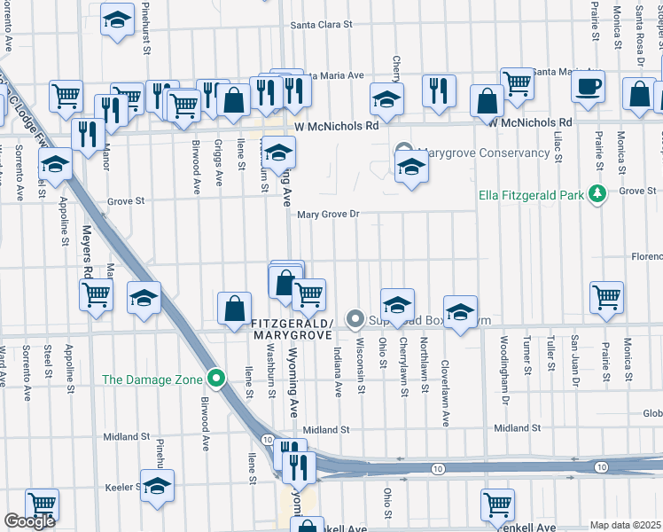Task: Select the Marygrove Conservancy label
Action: coord(483,153)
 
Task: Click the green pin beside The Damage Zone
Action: coord(215,379)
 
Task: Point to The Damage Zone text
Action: coord(152,379)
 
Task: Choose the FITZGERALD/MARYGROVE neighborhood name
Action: coord(291,328)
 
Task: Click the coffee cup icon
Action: coord(588,87)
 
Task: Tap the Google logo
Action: coord(29,521)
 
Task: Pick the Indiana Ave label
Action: coord(338,372)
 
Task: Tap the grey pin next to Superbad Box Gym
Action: coord(355,317)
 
